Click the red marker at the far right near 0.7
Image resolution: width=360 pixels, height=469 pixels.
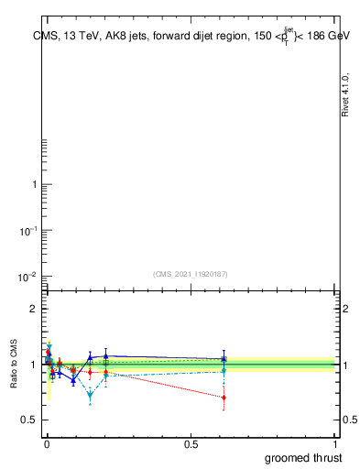pos(224,398)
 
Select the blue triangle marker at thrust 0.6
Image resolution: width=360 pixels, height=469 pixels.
pos(224,359)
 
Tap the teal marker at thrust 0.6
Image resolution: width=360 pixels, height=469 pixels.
pos(224,371)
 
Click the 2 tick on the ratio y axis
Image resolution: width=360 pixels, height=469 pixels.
pos(35,309)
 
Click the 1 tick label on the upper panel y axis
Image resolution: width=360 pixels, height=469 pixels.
pos(35,185)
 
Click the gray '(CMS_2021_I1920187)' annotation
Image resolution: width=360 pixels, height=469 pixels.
pos(190,274)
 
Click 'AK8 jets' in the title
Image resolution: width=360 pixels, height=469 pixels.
pos(127,36)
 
